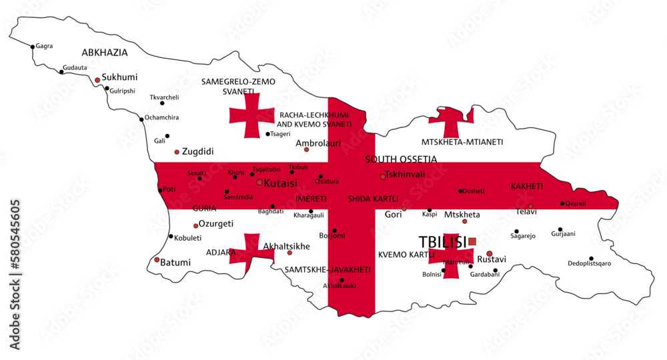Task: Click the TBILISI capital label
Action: click(x=442, y=242)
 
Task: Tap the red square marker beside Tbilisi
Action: click(x=472, y=241)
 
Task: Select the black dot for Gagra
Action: click(x=33, y=47)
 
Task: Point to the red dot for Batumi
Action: click(x=157, y=259)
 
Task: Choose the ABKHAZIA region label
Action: click(x=105, y=52)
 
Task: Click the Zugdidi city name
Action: click(x=197, y=151)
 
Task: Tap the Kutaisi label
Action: click(x=281, y=182)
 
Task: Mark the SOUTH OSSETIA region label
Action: click(x=401, y=159)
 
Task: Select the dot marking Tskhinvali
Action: click(x=382, y=177)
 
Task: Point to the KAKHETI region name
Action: click(x=527, y=186)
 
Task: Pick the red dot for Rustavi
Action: click(x=490, y=253)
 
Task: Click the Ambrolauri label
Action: click(x=318, y=143)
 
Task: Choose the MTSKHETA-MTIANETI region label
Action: click(x=462, y=142)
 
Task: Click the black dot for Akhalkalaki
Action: click(x=342, y=280)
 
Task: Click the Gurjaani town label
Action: click(x=564, y=234)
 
